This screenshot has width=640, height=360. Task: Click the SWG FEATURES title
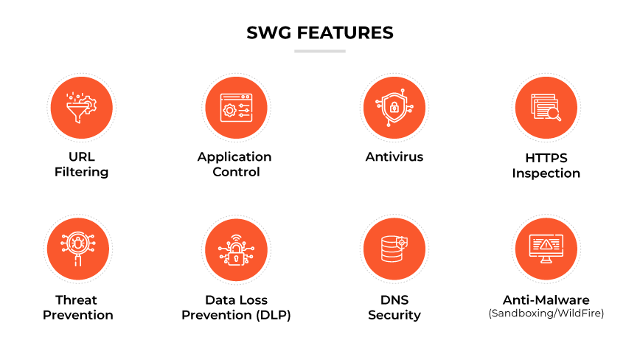(320, 33)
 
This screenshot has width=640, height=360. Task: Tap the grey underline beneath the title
(320, 52)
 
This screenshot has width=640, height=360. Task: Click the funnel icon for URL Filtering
(82, 108)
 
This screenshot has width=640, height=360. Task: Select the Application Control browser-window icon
(237, 108)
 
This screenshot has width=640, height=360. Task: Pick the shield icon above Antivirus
(394, 108)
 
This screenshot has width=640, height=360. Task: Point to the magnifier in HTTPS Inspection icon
(554, 114)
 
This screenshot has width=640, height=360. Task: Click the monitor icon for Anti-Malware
(546, 249)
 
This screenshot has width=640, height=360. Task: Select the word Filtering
(82, 172)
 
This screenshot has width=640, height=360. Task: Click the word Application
(234, 157)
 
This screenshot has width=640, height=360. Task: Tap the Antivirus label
(394, 156)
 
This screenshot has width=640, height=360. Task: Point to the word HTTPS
(546, 158)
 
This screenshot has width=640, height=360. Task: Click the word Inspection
(546, 173)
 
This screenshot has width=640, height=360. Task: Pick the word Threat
(77, 300)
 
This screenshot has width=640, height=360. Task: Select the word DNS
(394, 300)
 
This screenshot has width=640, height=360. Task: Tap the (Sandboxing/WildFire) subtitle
(546, 314)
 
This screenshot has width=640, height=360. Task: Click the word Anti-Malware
(546, 300)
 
